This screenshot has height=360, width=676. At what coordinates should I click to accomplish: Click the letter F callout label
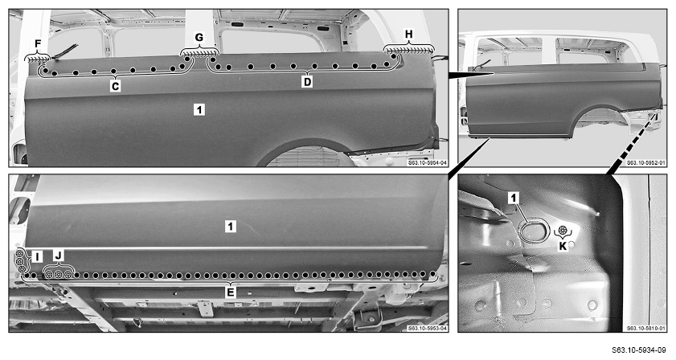point(38,44)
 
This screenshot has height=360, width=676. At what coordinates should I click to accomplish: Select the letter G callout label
point(199,38)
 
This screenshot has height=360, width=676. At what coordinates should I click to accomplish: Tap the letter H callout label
point(408,34)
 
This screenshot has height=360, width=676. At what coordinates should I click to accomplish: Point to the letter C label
point(115,86)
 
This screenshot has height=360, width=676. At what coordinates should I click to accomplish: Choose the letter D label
point(307,81)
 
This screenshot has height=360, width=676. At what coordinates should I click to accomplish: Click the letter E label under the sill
point(231,292)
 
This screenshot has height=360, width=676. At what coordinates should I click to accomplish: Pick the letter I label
point(37,257)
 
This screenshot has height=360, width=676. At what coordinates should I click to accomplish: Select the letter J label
point(59,256)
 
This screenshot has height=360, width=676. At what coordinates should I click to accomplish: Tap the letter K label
point(563,247)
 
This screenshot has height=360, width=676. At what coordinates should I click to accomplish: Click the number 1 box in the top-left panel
point(199,110)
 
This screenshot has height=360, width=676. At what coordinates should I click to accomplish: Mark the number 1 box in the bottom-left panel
point(231,226)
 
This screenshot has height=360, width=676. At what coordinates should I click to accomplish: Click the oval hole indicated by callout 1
point(532,231)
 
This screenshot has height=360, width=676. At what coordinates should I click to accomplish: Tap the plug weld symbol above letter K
point(563,231)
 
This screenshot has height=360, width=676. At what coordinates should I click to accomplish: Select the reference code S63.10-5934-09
point(638,350)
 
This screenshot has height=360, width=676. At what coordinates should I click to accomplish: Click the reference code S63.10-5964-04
point(428,163)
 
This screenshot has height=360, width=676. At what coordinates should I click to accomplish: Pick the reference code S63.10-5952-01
point(646,163)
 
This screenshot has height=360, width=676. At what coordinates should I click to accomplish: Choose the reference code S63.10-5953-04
point(428,329)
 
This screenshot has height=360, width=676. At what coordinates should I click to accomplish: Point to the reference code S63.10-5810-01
point(646,329)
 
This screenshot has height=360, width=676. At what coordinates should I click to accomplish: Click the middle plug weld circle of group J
point(58,275)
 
